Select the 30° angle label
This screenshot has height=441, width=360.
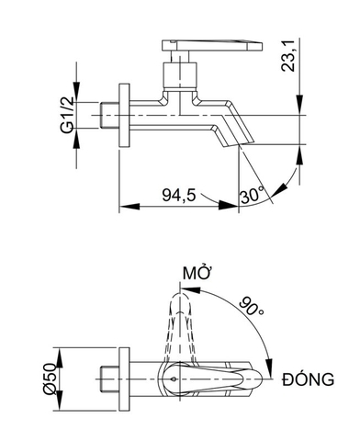point(252,195)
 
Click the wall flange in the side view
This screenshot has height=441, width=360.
point(126,116)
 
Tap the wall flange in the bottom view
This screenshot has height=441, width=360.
point(126,378)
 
